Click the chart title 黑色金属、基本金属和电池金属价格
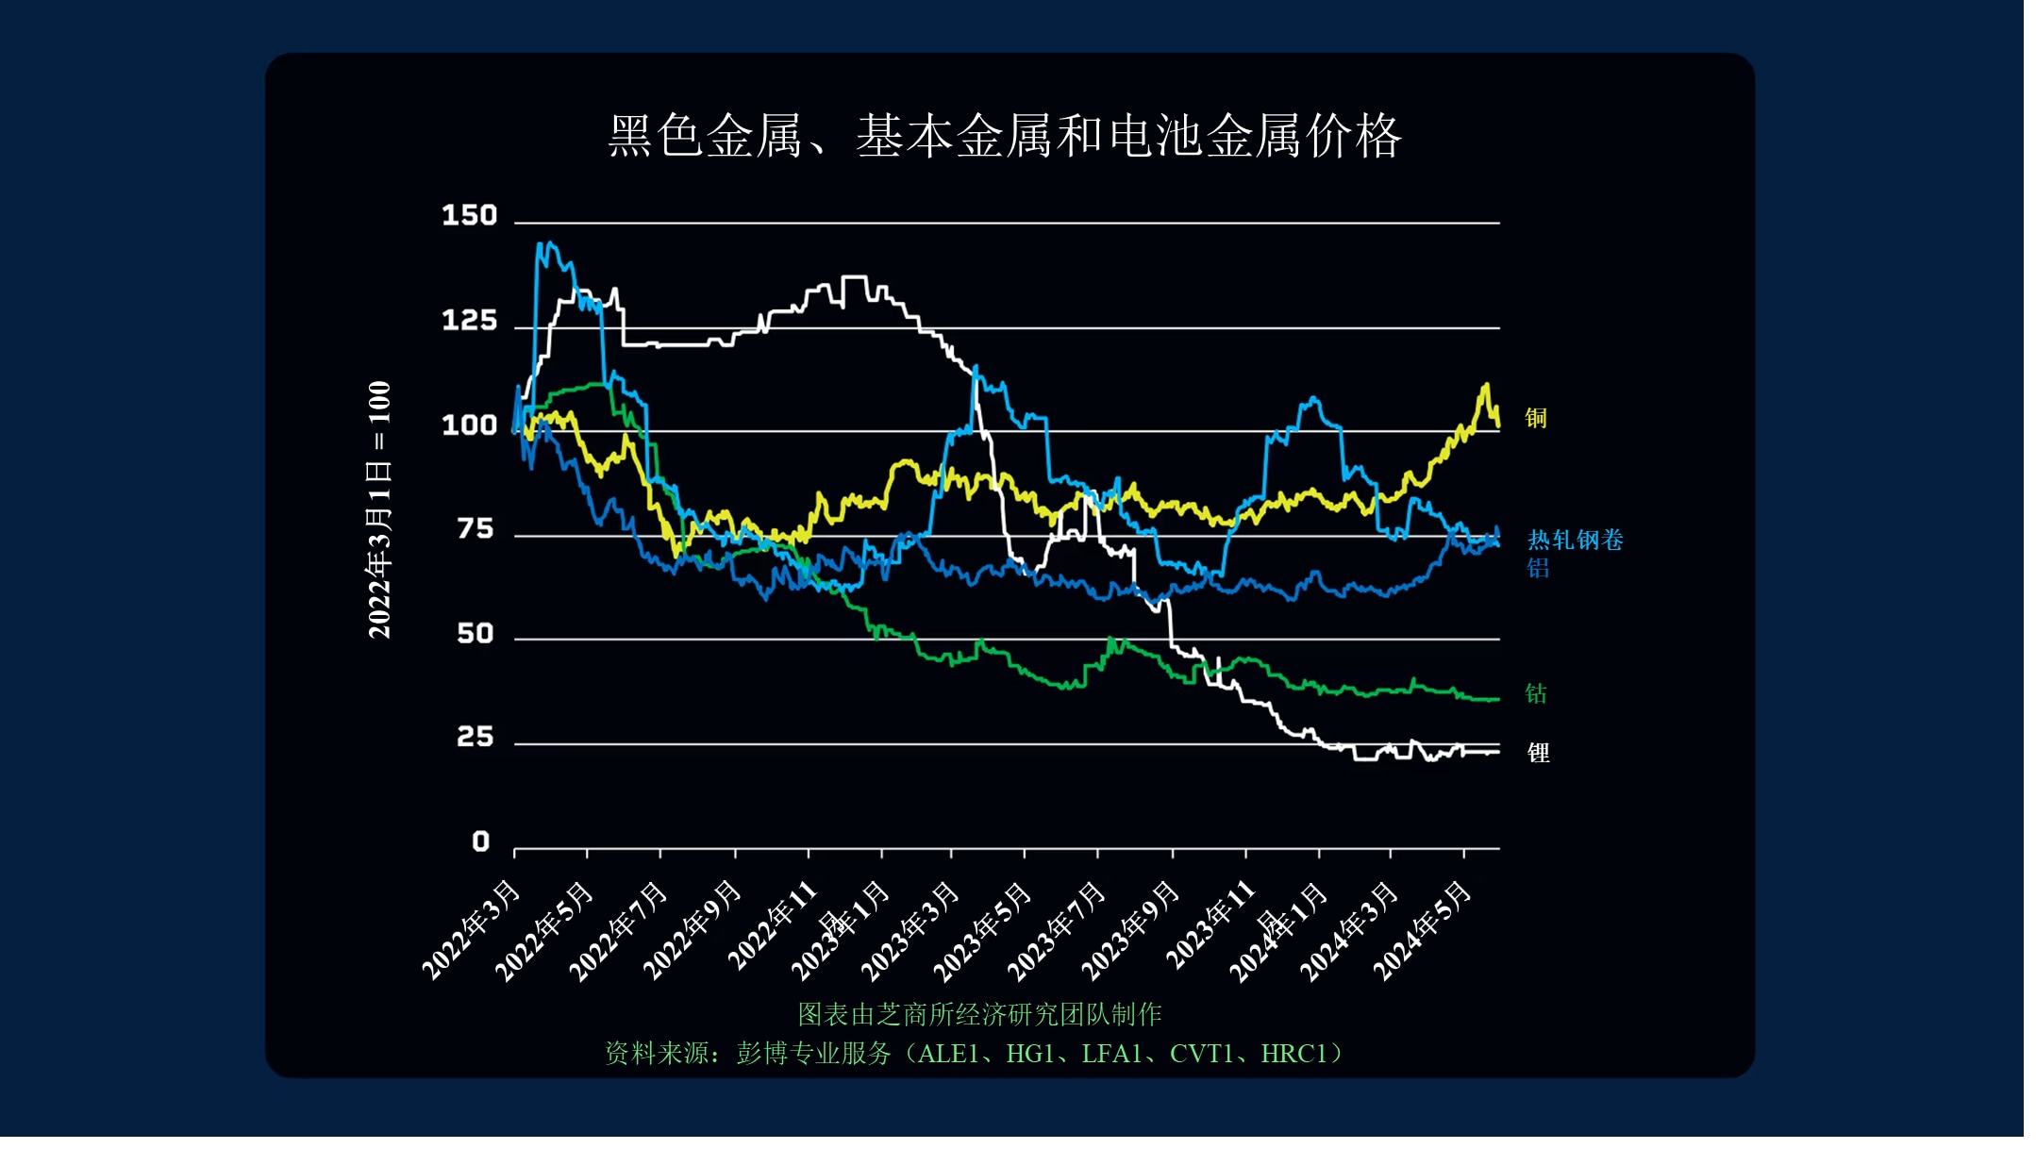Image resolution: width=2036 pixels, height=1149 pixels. (x=1005, y=136)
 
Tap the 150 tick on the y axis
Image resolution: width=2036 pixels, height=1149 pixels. (x=469, y=216)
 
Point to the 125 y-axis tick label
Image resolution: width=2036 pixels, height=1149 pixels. (x=469, y=322)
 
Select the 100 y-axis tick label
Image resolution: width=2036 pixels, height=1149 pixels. (x=469, y=425)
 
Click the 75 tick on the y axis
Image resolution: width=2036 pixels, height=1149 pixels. (x=475, y=529)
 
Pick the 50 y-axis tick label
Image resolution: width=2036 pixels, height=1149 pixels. (x=475, y=634)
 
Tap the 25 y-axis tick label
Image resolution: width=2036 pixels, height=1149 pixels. (x=475, y=737)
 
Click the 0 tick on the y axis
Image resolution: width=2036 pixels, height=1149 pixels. (x=480, y=841)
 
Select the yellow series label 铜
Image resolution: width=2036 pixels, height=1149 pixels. (x=1536, y=418)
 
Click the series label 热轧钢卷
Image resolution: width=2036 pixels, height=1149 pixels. (x=1575, y=541)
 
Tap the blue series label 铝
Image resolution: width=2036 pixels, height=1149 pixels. (x=1538, y=568)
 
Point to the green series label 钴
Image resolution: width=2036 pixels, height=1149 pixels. (x=1536, y=694)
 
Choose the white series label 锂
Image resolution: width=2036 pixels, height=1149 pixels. (x=1538, y=753)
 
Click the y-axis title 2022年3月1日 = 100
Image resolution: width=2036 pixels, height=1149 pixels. (x=378, y=509)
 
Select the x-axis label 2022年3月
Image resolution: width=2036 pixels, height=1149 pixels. (x=472, y=929)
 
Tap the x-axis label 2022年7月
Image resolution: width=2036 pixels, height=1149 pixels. (x=619, y=929)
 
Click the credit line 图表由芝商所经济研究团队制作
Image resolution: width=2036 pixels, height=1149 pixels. (x=979, y=1014)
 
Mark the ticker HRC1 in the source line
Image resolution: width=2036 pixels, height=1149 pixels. (x=1293, y=1054)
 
